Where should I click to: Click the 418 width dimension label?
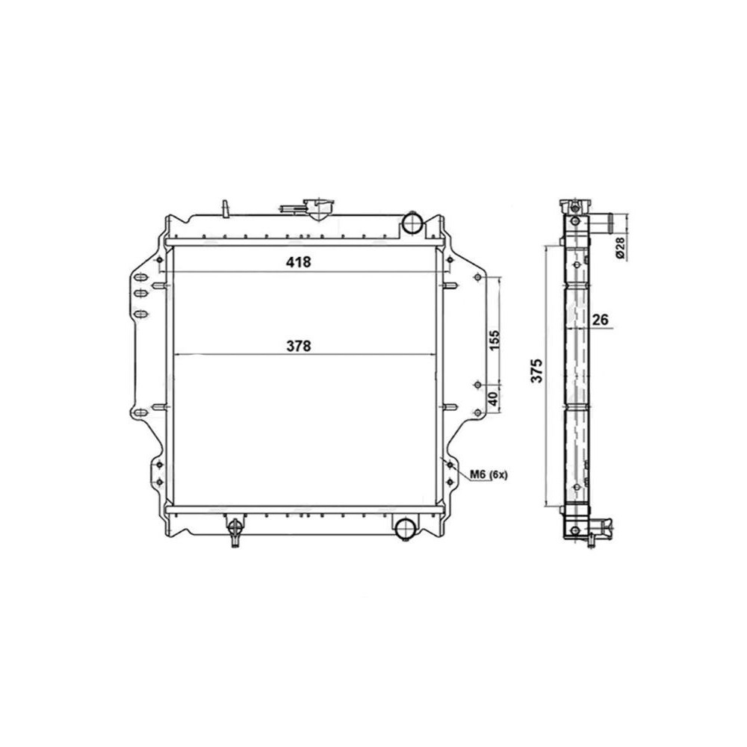(298, 261)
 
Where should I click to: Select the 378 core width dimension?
(299, 345)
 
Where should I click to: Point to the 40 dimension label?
(494, 398)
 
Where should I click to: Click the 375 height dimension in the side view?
(537, 371)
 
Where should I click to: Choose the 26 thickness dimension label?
(601, 319)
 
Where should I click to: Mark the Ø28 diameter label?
(620, 248)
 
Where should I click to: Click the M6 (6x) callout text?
(489, 474)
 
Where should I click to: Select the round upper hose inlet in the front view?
(412, 223)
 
